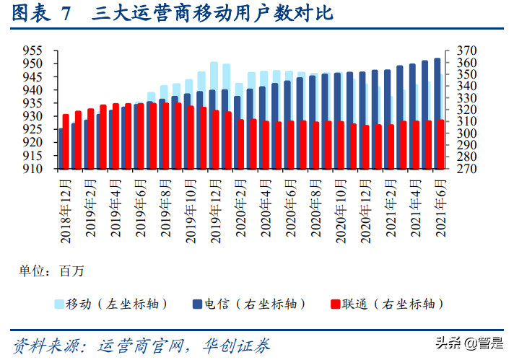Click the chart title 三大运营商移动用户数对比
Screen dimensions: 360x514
tap(213, 14)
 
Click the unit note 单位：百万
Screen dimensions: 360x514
tap(51, 271)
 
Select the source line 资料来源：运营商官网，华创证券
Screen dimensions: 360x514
tap(141, 346)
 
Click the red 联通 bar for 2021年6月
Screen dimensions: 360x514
tap(441, 144)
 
